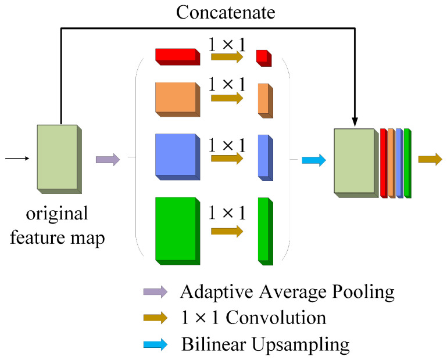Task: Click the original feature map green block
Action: pos(58,157)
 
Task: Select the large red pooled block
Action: pos(176,56)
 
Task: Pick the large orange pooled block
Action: pos(176,96)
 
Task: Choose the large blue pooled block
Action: pos(176,154)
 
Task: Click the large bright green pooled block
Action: pos(176,228)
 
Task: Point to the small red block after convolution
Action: pos(264,57)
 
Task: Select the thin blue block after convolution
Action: pos(264,157)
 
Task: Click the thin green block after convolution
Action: pos(264,231)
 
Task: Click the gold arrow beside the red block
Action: pos(227,57)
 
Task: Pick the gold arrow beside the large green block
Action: pos(227,231)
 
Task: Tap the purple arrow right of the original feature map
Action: pos(108,159)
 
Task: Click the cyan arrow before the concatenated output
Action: pos(314,159)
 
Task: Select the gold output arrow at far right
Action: pos(430,159)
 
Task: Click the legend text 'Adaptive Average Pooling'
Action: pos(287,291)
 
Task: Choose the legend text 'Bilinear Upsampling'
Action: pos(265,345)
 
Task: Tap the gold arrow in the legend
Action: pos(155,318)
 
